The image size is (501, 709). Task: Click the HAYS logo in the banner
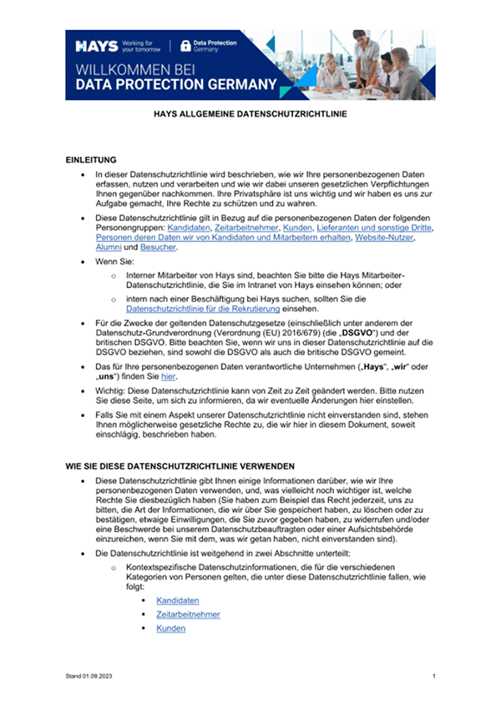(94, 44)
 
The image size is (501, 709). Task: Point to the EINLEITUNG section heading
(91, 158)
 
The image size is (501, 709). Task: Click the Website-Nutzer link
(385, 238)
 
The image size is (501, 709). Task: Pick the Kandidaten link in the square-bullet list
(177, 600)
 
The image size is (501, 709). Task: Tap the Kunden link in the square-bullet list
(170, 628)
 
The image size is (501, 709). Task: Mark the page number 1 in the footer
(434, 674)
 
